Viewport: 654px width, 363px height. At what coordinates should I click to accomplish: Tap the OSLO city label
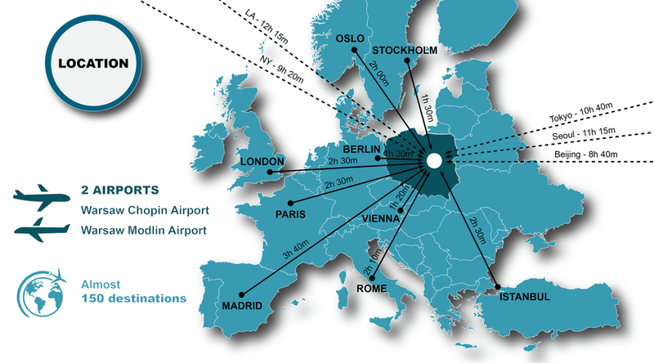click(350, 38)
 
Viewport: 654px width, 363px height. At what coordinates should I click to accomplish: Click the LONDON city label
click(262, 162)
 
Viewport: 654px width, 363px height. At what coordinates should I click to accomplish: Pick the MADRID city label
click(242, 306)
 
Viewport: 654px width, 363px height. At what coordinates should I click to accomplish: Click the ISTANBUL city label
click(525, 296)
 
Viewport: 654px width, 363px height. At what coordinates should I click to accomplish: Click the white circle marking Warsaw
click(434, 161)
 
